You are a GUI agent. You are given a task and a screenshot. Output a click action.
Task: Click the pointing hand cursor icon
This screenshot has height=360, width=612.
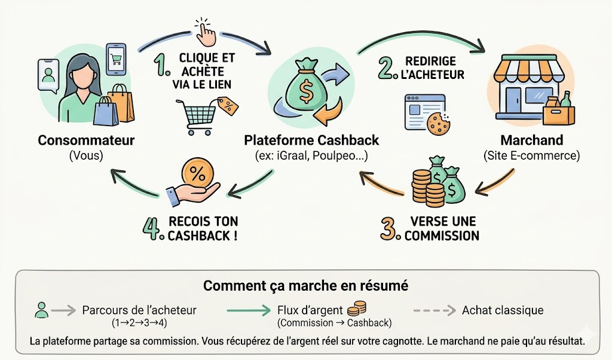[x=205, y=32]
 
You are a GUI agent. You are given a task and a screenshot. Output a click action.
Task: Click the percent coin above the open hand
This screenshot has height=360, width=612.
[x=195, y=174]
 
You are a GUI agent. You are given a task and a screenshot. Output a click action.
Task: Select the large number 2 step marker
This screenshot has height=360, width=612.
[x=389, y=68]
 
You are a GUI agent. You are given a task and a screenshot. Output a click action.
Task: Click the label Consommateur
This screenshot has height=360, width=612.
[x=86, y=141]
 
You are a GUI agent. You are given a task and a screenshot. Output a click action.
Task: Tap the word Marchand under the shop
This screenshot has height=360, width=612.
[x=532, y=141]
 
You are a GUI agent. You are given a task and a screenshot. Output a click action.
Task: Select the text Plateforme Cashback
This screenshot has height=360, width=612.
[x=311, y=141]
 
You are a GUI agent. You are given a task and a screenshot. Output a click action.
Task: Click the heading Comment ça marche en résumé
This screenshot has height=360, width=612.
[x=305, y=285]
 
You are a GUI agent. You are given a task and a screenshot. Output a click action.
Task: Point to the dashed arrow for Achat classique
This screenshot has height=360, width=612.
[x=434, y=310]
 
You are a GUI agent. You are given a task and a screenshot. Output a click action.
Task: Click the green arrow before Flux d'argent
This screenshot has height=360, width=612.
[x=249, y=310]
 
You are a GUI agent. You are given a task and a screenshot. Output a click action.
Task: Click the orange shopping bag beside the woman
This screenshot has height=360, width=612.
[x=124, y=103]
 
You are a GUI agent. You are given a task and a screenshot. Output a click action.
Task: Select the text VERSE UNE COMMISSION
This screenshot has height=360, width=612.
[x=442, y=228]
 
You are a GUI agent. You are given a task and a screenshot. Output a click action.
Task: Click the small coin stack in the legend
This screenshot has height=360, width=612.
[x=357, y=308]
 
